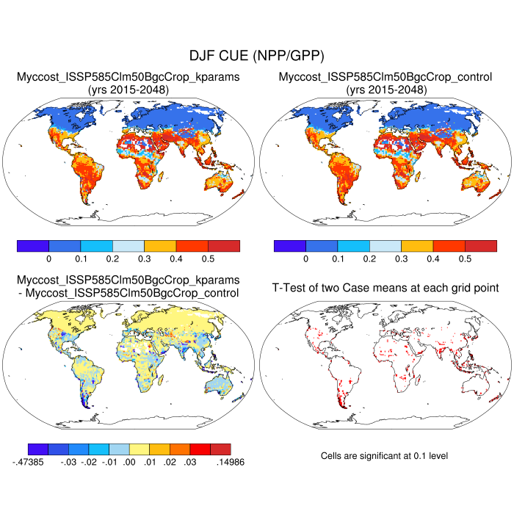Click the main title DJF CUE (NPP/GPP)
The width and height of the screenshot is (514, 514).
[x=256, y=56]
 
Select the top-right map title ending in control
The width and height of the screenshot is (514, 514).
[x=385, y=76]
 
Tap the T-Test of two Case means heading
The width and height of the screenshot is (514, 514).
[x=385, y=287]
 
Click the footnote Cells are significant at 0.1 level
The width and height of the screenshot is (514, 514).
[x=385, y=456]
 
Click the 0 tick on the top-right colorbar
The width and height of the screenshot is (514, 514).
[x=305, y=258]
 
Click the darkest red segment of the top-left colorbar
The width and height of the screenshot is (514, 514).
[x=224, y=246]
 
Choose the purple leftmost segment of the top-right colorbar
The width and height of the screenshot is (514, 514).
[x=289, y=246]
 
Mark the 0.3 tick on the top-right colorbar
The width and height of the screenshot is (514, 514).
[x=401, y=258]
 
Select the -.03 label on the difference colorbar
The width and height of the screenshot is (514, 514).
[x=68, y=462]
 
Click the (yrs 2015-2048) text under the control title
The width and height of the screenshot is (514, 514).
[x=385, y=90]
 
